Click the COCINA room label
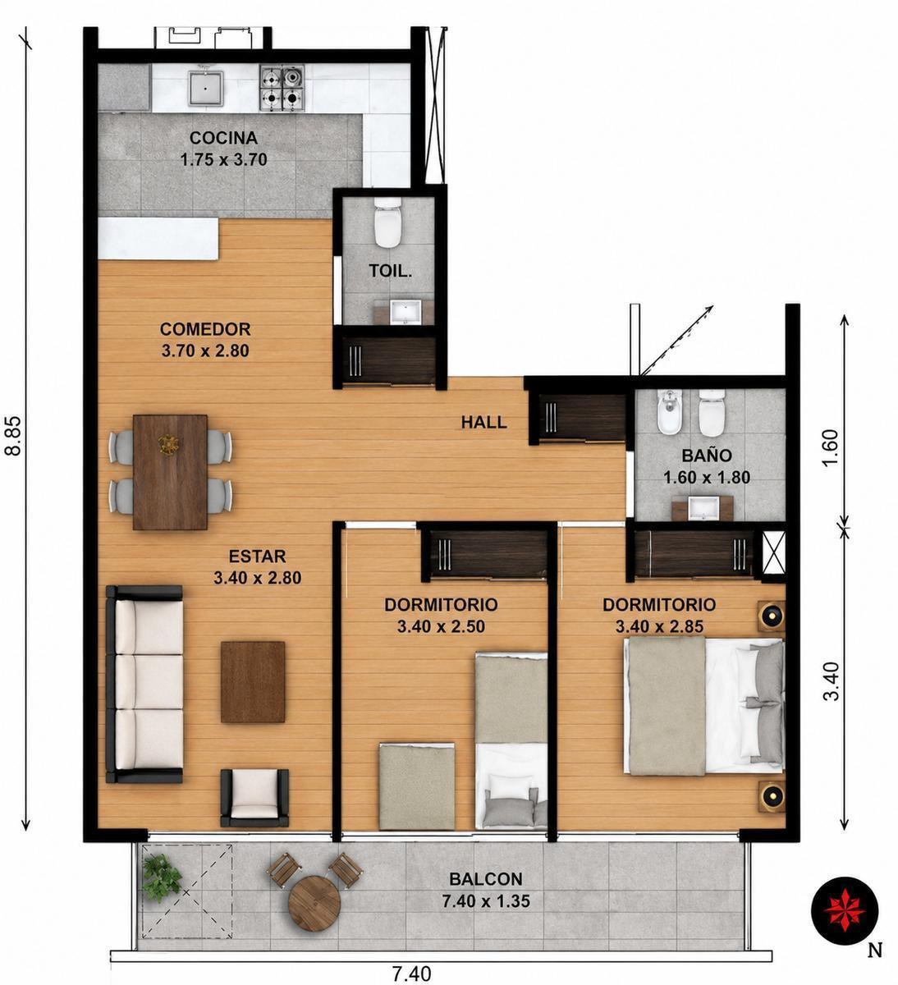click(x=223, y=138)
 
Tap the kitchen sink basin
click(x=206, y=89)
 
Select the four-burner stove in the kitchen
click(x=282, y=89)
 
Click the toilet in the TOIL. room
click(x=388, y=222)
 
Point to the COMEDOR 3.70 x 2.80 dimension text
click(x=205, y=351)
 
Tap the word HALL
click(x=483, y=422)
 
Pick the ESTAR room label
click(x=258, y=557)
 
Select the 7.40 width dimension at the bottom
click(x=411, y=974)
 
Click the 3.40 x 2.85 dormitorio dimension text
click(x=659, y=626)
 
